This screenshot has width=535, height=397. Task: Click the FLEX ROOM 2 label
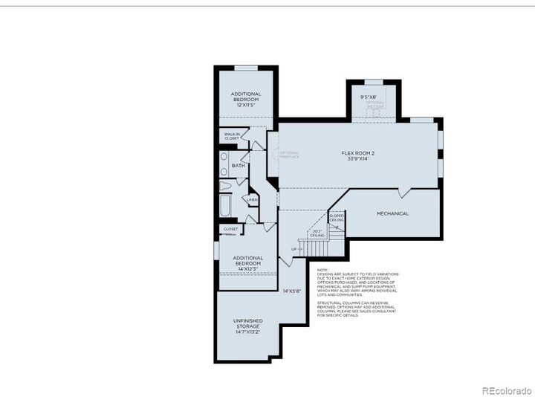357,153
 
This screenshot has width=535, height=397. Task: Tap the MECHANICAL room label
392,213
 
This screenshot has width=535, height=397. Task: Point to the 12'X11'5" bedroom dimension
246,105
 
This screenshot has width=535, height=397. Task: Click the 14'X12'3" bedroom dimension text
247,265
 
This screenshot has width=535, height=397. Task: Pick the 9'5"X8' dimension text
369,97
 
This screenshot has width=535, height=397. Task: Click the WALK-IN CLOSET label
232,137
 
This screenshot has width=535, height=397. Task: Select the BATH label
238,166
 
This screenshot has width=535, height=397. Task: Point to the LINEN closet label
253,199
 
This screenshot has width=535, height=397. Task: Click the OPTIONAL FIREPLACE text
289,155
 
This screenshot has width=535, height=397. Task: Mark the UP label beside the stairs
294,248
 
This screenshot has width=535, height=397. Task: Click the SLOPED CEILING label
336,218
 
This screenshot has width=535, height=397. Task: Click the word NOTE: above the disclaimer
322,270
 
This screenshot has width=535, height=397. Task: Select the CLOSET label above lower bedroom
230,229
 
